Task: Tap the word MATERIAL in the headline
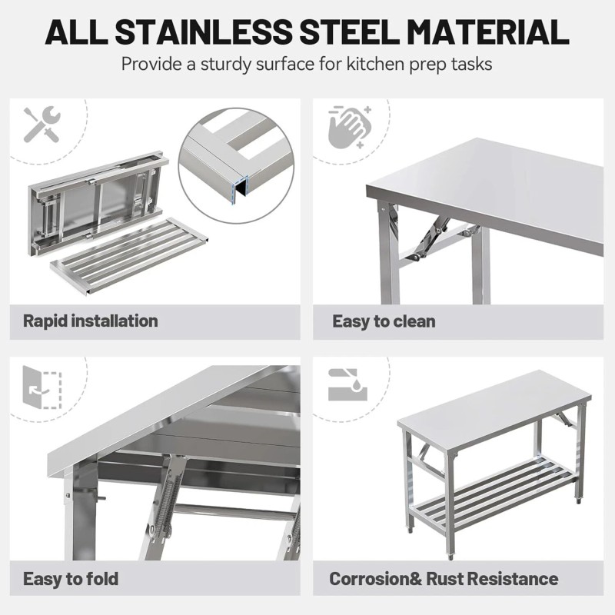click(x=487, y=32)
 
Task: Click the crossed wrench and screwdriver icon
click(x=42, y=125)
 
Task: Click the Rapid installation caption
click(x=91, y=321)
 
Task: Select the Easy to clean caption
click(x=384, y=321)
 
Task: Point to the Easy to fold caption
click(x=71, y=578)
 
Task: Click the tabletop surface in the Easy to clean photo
click(x=492, y=184)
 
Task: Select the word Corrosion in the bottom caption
click(x=368, y=578)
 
